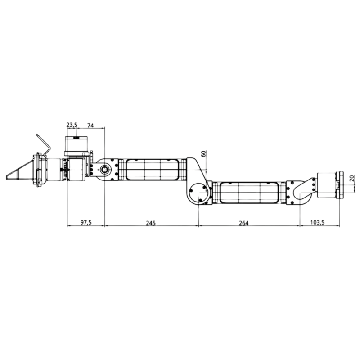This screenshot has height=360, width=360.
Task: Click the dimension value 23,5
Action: point(72,124)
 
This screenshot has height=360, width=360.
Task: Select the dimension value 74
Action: point(90,124)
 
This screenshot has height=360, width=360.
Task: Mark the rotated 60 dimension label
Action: point(203,153)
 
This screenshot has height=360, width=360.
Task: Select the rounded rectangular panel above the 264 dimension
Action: point(249,193)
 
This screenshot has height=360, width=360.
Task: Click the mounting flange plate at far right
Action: point(340,184)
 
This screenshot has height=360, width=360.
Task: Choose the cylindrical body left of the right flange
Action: point(326,184)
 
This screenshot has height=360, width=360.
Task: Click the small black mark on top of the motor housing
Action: point(76,137)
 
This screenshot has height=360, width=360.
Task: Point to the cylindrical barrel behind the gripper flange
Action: point(54,170)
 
